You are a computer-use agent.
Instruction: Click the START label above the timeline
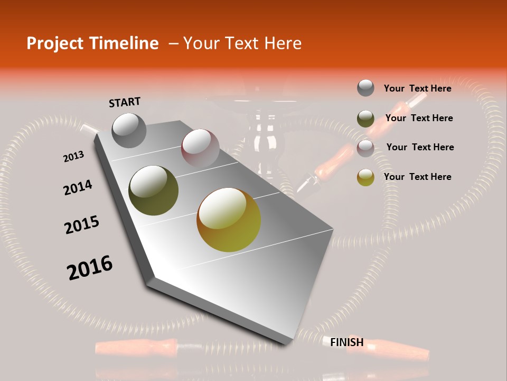[x=125, y=102]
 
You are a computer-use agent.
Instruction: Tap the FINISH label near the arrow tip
[x=346, y=342]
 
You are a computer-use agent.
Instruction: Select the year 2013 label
[x=73, y=157]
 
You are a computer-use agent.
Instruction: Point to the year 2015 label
[x=82, y=225]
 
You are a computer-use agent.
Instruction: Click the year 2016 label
[x=90, y=268]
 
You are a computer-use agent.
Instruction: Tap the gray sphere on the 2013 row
[x=129, y=130]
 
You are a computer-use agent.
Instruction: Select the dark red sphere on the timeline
[x=200, y=148]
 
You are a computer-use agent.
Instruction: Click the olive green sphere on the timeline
[x=154, y=190]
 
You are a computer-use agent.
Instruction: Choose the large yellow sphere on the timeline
[x=229, y=220]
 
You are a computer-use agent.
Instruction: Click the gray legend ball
[x=365, y=88]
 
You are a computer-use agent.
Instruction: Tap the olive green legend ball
[x=365, y=119]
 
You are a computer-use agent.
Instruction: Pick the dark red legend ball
[x=365, y=148]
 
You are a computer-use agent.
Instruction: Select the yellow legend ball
[x=365, y=177]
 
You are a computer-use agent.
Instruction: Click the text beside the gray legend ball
[x=417, y=88]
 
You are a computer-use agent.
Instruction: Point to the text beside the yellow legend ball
[x=417, y=177]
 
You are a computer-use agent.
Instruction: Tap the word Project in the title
[x=55, y=43]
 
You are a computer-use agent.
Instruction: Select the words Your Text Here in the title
[x=242, y=43]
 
